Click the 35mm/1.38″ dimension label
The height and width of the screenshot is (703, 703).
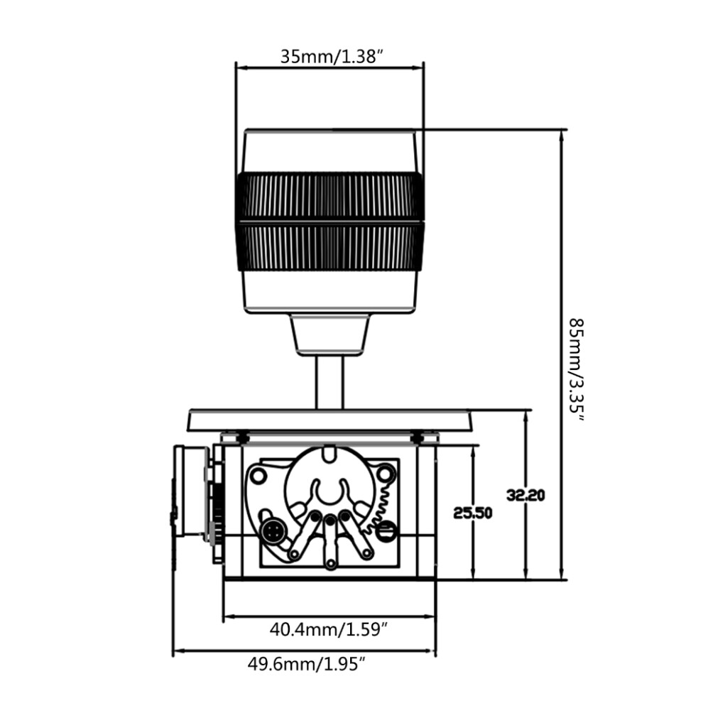(332, 57)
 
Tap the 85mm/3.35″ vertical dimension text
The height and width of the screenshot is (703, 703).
(577, 371)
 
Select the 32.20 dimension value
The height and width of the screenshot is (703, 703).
(525, 496)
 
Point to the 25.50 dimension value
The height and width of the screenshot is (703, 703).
(472, 513)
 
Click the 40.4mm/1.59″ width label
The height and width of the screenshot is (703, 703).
(329, 629)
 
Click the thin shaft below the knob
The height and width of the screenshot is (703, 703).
(329, 383)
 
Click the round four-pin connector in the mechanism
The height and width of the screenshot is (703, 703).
(272, 533)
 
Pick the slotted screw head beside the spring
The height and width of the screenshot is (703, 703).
(386, 532)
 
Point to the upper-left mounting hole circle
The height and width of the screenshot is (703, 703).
(258, 475)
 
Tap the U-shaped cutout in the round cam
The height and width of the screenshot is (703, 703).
(330, 492)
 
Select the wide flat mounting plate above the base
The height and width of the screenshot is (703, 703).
(329, 420)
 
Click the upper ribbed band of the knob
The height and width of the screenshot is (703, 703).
(329, 197)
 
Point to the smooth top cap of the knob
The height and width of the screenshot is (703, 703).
(329, 151)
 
